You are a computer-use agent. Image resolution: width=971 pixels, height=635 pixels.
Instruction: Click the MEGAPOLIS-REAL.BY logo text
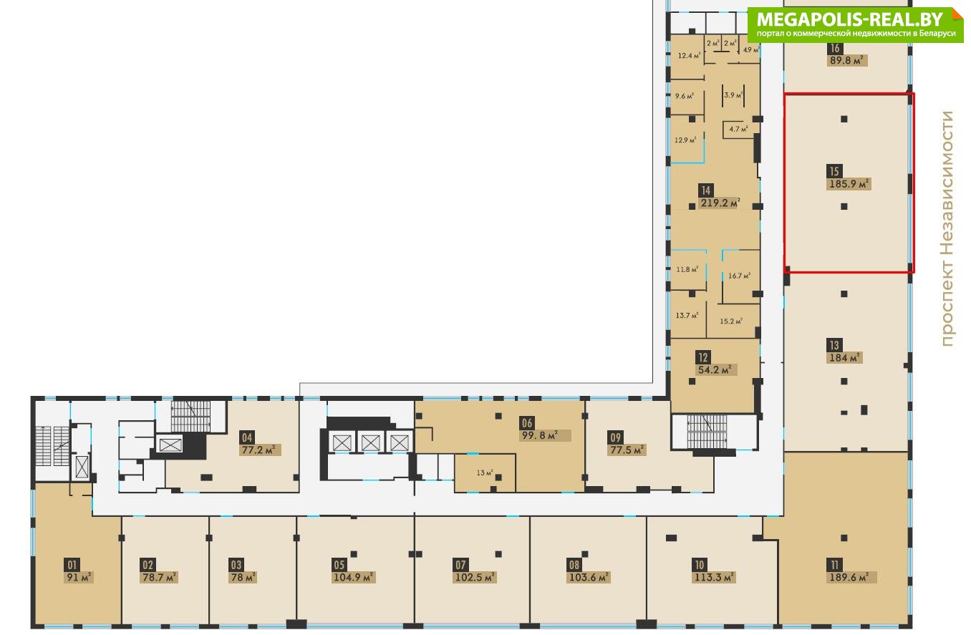pos(849,19)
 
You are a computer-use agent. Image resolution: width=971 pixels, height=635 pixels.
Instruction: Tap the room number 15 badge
pos(834,171)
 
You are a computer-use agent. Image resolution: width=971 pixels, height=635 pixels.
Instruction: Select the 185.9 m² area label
pos(849,184)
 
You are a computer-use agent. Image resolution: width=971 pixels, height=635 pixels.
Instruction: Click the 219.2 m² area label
pos(720,203)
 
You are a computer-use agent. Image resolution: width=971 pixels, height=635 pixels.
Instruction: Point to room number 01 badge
pos(72,565)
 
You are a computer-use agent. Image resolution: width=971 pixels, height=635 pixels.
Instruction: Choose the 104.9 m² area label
pos(354,577)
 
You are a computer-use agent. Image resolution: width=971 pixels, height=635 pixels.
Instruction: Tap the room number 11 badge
pos(834,565)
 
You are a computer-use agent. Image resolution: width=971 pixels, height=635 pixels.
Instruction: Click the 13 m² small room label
pos(485,473)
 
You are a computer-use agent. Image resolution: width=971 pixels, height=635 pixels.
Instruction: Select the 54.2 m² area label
pos(715,369)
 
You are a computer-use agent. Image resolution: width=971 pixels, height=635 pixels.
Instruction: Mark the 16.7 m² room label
pos(739,276)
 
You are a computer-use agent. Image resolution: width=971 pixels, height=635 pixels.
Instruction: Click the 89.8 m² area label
pos(846,60)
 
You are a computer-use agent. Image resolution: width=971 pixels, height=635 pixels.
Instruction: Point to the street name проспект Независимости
pos(947,229)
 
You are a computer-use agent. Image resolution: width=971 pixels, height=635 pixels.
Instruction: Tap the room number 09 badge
pos(616,437)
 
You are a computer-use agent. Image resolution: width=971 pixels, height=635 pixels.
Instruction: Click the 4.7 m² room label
pos(738,129)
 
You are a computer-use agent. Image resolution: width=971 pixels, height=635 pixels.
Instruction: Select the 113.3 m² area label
pos(713,577)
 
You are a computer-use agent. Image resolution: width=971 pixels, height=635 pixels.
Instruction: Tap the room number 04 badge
pos(247,437)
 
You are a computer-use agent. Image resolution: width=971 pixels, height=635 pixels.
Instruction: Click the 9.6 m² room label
pos(685,96)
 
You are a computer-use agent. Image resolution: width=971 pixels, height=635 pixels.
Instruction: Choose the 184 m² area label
pos(844,358)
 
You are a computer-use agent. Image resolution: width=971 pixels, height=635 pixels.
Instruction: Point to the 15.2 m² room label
pos(731,321)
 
